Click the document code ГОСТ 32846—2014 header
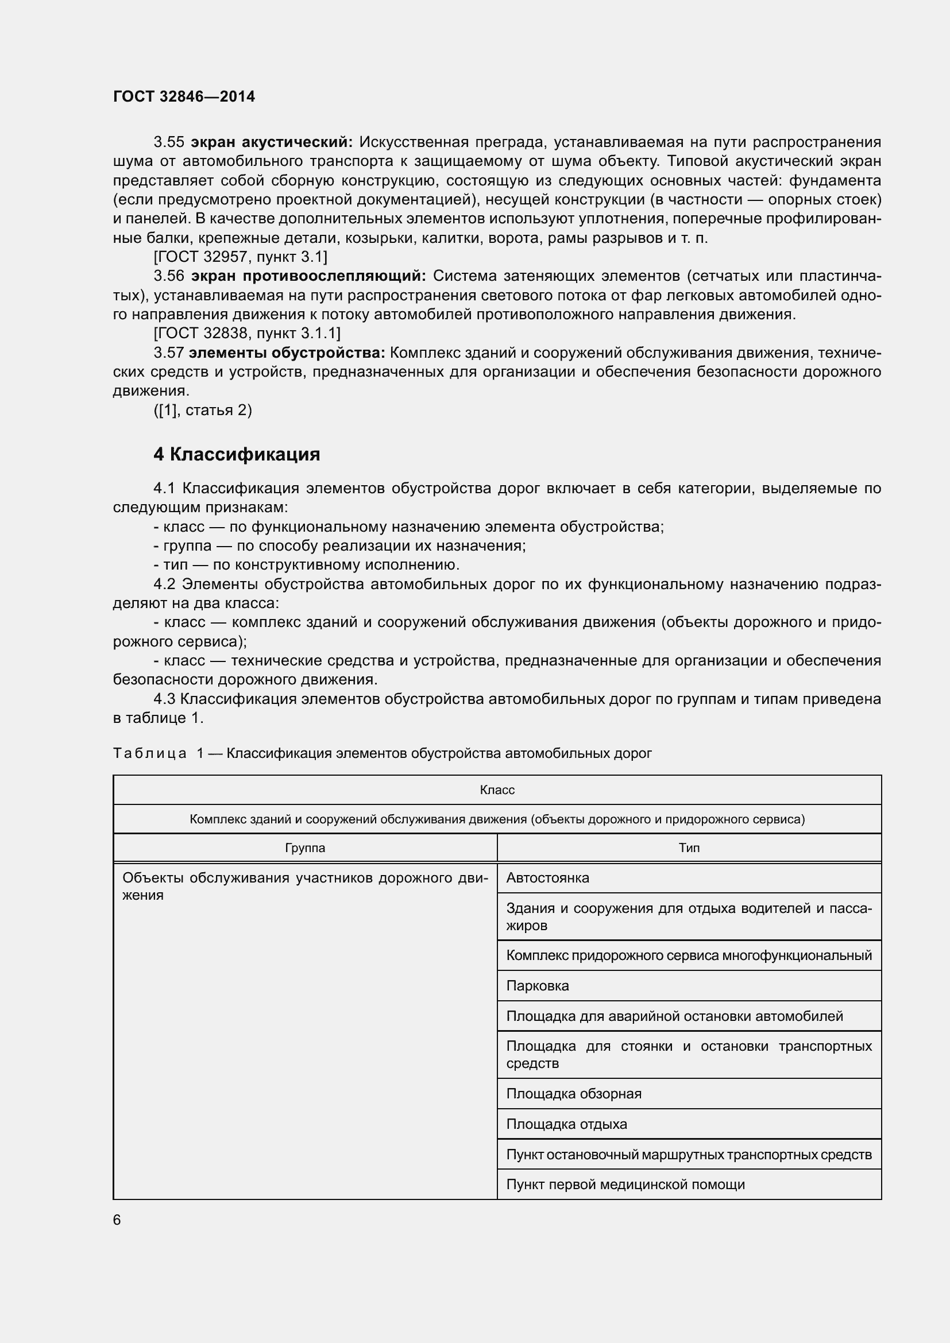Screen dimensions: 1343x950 pos(184,96)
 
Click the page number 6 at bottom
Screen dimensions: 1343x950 pos(117,1220)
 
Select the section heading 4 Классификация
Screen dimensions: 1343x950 pos(236,455)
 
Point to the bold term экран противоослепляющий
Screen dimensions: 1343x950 pos(309,276)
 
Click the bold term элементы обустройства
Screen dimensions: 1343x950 pos(287,353)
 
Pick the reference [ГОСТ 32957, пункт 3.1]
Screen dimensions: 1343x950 pos(240,256)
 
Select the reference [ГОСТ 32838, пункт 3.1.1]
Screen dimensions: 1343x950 pos(246,334)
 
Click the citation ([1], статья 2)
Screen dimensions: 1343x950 pos(202,410)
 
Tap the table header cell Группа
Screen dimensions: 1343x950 pos(305,847)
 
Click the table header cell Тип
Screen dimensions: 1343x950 pos(689,847)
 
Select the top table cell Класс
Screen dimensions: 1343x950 pos(497,789)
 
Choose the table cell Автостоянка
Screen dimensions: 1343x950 pos(547,877)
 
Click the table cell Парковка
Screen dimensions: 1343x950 pos(537,986)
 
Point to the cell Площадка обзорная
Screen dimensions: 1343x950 pos(573,1093)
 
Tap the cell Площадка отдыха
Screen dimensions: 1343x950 pos(566,1124)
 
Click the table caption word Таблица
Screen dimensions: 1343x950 pos(150,753)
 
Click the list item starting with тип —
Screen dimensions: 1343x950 pos(307,565)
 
